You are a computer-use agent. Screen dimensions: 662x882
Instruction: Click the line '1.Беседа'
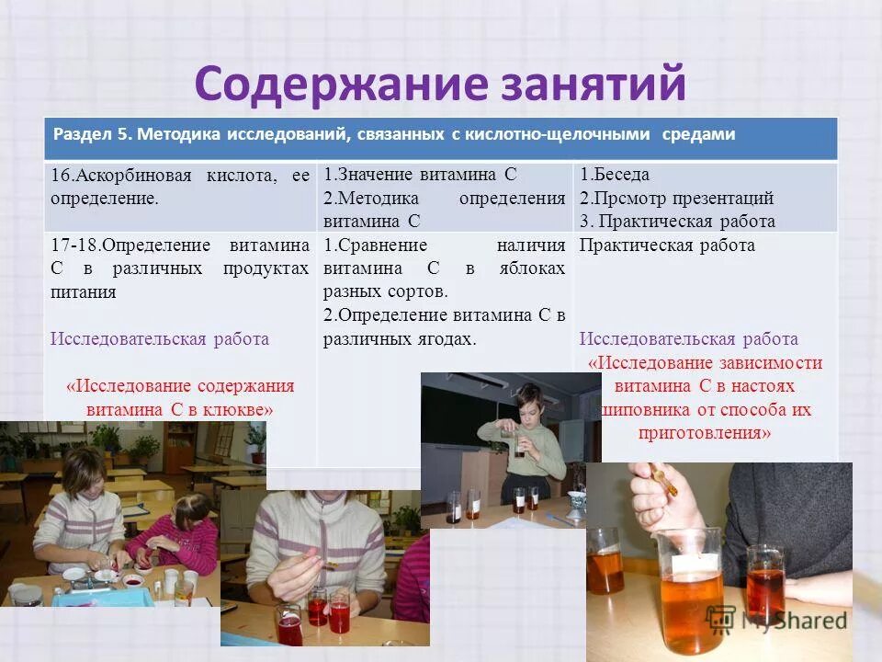pyautogui.click(x=615, y=175)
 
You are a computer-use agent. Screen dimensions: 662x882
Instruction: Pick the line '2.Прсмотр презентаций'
pyautogui.click(x=676, y=198)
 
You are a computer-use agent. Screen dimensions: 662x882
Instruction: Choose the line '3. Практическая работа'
pyautogui.click(x=677, y=221)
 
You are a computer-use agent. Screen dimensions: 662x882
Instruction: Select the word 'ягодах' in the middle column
pyautogui.click(x=447, y=338)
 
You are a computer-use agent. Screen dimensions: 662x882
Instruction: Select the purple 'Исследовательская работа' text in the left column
pyautogui.click(x=160, y=338)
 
